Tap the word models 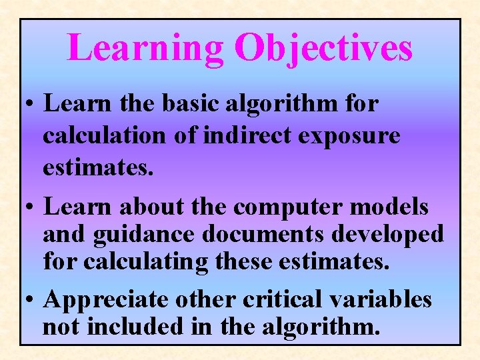coord(389,207)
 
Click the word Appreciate coord(106,301)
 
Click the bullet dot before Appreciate coord(31,301)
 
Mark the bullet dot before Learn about coord(31,207)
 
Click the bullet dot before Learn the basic coord(31,104)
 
